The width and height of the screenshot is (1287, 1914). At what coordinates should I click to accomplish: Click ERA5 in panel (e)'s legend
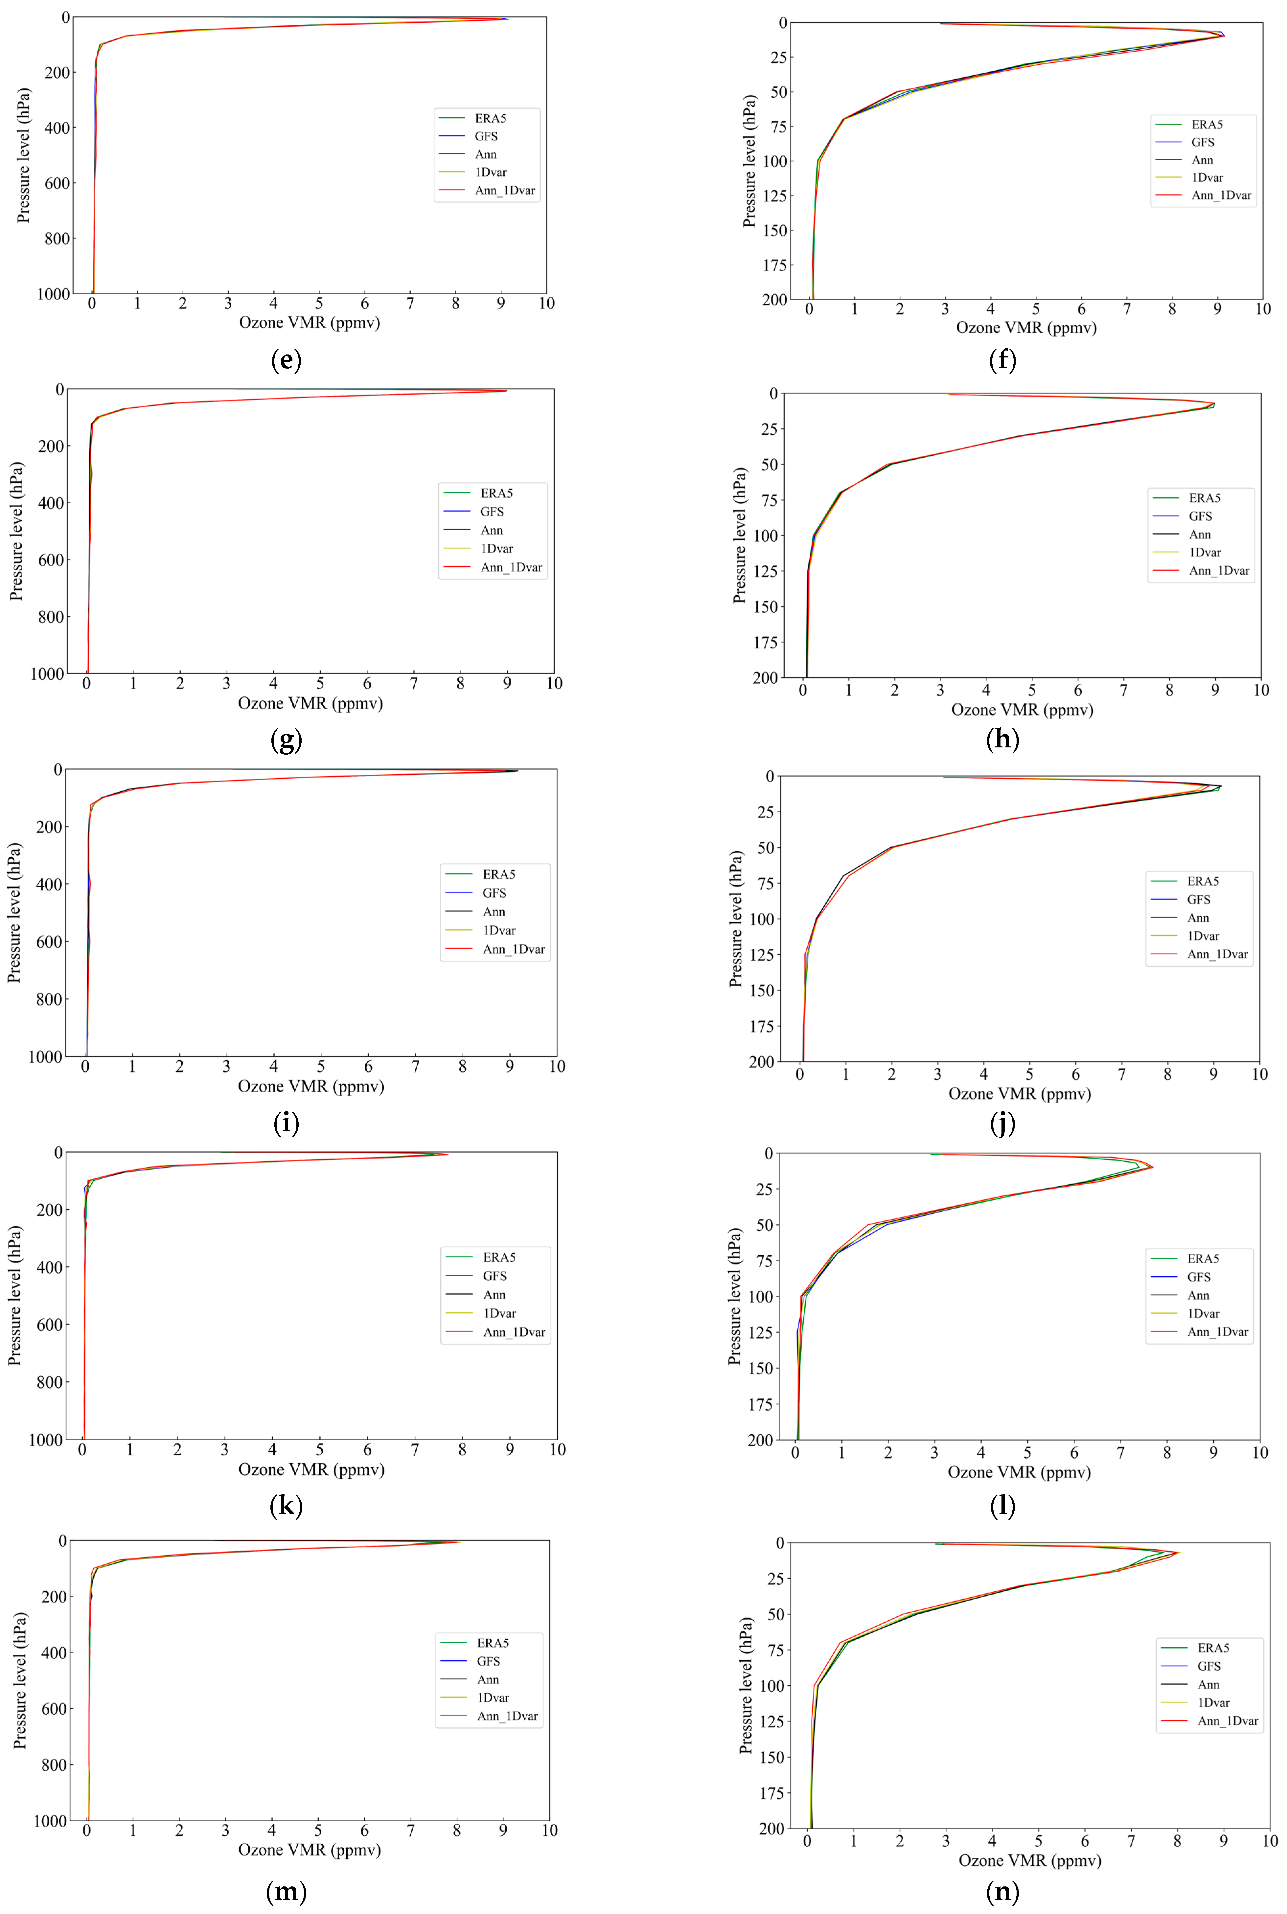tap(490, 118)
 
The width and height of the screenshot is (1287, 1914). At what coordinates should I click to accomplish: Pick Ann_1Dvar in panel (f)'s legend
tap(1221, 195)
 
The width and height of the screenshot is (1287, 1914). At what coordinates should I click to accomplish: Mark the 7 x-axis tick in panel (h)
tap(1124, 690)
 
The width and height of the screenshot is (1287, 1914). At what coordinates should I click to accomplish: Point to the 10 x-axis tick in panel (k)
tap(557, 1449)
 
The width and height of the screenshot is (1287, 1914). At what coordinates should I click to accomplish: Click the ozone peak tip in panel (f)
tap(1223, 35)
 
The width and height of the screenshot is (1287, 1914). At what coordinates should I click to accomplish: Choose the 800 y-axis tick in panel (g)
tap(51, 616)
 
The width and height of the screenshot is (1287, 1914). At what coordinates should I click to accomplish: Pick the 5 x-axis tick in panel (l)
tap(1027, 1452)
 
